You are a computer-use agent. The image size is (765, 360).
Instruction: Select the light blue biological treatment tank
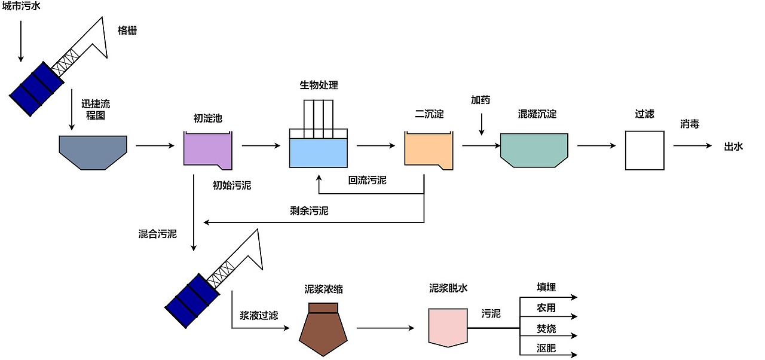pos(318,152)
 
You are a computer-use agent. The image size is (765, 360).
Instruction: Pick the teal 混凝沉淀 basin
pos(534,150)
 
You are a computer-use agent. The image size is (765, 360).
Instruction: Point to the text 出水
pos(733,146)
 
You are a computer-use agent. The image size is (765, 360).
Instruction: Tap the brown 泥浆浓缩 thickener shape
pos(323,332)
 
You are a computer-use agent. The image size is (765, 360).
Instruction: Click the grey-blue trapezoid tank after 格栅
pos(93,151)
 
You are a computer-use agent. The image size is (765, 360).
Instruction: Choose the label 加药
pos(481,100)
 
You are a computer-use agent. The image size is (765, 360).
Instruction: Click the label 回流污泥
pos(368,180)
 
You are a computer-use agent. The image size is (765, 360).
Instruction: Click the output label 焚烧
pos(546,328)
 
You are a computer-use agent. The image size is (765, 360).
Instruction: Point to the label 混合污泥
pos(158,234)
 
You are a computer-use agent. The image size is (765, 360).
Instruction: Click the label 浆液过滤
pos(259,315)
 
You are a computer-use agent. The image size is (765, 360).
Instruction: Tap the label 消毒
pos(690,124)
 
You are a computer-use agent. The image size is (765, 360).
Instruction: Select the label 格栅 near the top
pos(127,30)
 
